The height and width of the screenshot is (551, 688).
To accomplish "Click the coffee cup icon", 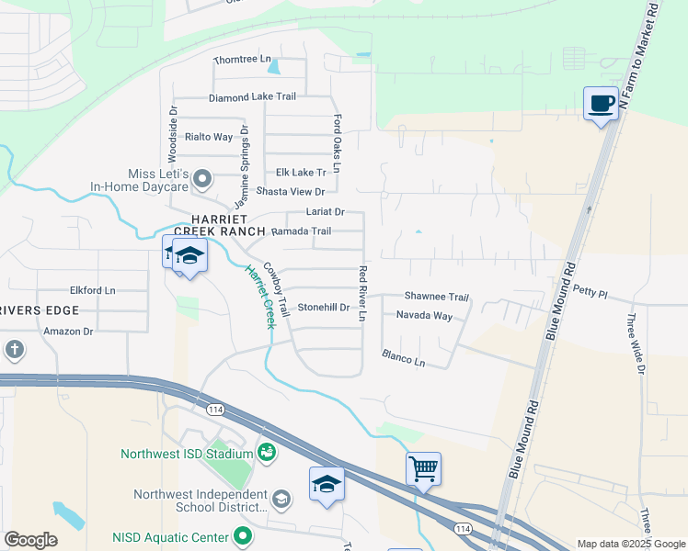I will tap(602, 103).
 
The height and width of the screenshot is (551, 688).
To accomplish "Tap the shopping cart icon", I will tap(423, 468).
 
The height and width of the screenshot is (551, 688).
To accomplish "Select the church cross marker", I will tap(15, 350).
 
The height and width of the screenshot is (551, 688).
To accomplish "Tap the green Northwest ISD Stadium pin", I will tap(266, 452).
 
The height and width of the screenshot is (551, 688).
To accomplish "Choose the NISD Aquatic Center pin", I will tap(243, 534).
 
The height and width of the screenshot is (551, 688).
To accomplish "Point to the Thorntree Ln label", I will tap(243, 60).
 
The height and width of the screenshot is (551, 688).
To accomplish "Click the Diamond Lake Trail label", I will tap(252, 96).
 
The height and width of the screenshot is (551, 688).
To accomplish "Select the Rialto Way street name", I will tap(209, 137).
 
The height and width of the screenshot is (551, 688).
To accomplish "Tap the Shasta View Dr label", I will tap(291, 191).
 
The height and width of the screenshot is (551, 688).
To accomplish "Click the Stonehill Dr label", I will tap(324, 307).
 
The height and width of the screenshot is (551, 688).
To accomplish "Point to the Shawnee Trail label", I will tap(437, 297).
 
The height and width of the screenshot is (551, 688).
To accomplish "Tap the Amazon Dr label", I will tap(69, 331).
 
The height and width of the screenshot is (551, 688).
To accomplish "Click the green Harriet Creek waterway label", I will tap(258, 297).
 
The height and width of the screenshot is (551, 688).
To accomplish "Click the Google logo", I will tap(30, 539).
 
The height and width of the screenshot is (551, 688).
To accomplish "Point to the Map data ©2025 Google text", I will tap(630, 544).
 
